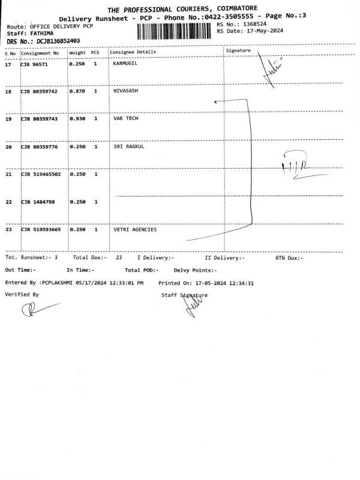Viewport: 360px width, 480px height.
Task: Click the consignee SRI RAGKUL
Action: coord(128,146)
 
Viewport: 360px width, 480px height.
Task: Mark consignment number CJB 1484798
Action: coord(38,202)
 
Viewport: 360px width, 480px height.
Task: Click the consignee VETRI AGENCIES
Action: coord(134,229)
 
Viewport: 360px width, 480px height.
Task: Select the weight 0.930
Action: coord(77,119)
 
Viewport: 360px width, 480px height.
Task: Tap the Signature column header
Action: coord(238,51)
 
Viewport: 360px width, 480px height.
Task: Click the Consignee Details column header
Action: coord(133,52)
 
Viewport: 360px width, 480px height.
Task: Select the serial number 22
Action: coord(8,202)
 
